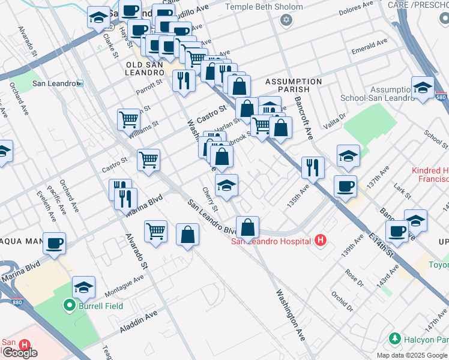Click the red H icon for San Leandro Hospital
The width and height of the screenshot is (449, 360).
click(321, 241)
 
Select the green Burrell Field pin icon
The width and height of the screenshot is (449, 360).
click(69, 306)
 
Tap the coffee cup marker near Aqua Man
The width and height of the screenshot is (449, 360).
click(54, 243)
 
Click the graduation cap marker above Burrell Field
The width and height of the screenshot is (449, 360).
click(84, 287)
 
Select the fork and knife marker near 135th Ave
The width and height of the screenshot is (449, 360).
click(312, 167)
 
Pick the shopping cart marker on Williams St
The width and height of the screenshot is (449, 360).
click(128, 119)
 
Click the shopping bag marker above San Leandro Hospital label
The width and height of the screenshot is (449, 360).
click(247, 227)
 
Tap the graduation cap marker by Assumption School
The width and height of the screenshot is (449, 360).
click(423, 87)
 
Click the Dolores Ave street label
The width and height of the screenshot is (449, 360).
click(357, 10)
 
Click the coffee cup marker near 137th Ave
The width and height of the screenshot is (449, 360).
click(345, 186)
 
